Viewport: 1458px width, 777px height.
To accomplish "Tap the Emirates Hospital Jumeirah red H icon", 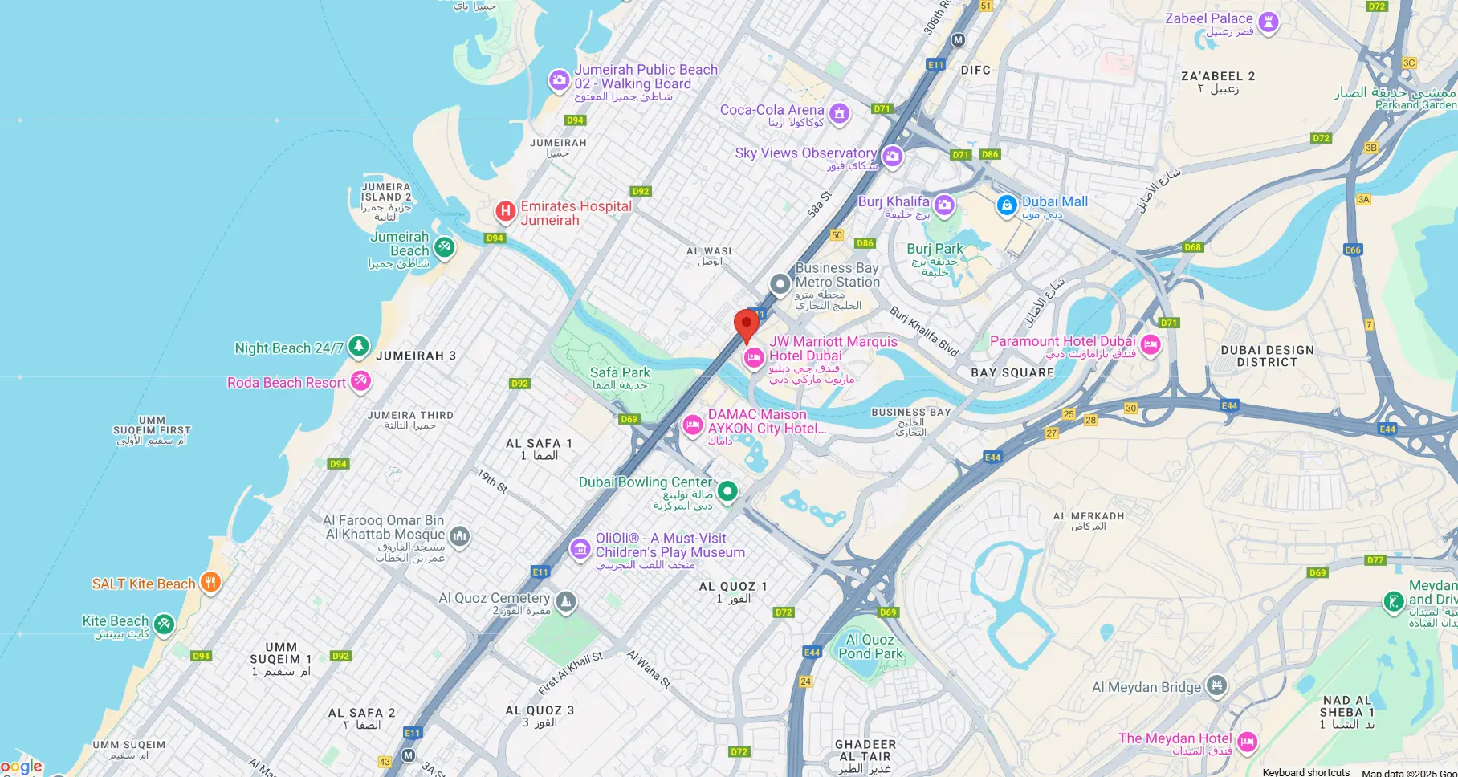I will pos(505,212).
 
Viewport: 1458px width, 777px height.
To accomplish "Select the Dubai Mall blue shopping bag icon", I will pos(1007,205).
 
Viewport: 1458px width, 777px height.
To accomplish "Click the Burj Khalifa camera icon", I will pos(944,205).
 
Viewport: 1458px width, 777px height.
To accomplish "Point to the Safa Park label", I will pos(620,372).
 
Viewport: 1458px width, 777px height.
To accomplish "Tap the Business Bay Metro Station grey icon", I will pos(780,284).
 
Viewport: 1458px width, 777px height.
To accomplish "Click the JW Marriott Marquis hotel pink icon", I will pos(753,358).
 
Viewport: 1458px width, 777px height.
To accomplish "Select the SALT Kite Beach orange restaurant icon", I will pos(210,583).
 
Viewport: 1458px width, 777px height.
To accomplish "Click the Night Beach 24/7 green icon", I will pos(358,347).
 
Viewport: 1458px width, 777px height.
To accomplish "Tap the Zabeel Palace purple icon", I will pos(1268,22).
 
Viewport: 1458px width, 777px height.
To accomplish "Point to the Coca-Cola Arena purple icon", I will pos(839,113).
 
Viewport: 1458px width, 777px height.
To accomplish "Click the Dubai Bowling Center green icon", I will pos(727,490).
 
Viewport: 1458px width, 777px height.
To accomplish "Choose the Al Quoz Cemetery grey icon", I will pos(566,601).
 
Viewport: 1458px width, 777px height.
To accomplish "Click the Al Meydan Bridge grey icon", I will pos(1216,685).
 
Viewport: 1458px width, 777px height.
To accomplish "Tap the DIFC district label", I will pos(975,70).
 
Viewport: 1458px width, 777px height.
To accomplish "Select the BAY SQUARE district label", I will pos(1012,372).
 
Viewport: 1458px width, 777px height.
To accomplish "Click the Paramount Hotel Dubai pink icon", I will pos(1151,345).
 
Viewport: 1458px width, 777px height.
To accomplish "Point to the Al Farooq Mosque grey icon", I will pos(459,535).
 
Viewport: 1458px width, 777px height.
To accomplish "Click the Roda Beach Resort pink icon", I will pos(360,380).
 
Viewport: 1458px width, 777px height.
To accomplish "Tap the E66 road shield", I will pos(1353,250).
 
